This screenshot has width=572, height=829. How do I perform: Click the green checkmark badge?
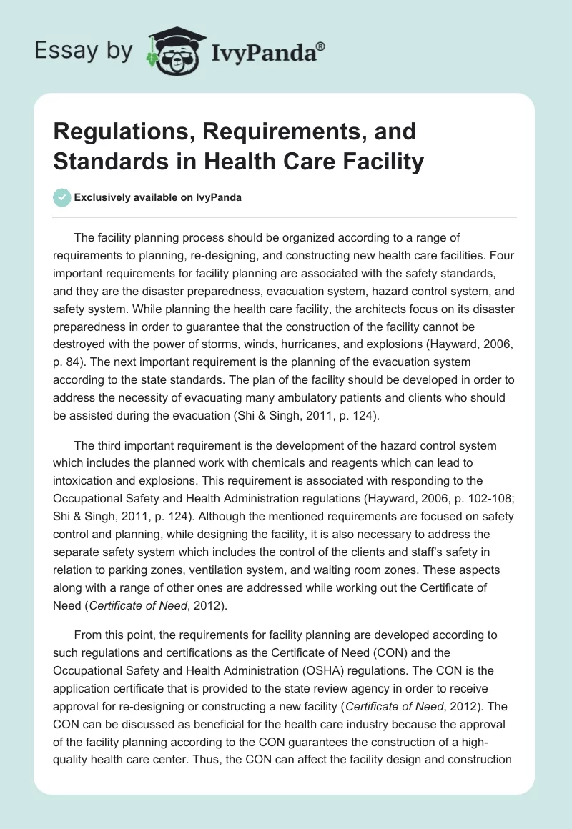62,197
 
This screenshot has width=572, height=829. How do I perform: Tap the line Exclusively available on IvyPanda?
158,198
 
